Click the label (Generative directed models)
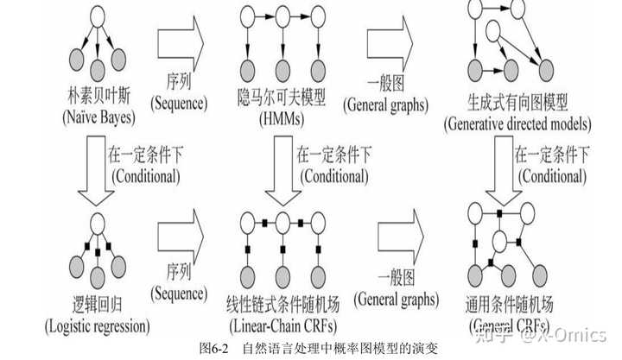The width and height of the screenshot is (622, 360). pyautogui.click(x=517, y=123)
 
